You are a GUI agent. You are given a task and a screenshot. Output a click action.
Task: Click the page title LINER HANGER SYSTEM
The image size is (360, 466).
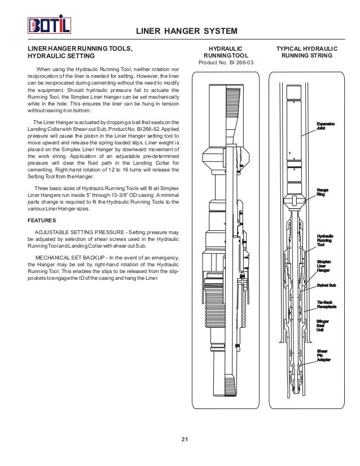tap(187, 30)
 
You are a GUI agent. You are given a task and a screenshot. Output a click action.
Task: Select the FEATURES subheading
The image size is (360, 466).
tap(43, 221)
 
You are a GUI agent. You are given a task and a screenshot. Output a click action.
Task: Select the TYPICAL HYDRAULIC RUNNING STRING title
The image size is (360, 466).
tap(307, 52)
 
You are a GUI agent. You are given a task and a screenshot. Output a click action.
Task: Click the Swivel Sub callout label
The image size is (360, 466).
tap(327, 286)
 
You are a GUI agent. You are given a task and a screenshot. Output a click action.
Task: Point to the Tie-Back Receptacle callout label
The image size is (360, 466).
tap(327, 305)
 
